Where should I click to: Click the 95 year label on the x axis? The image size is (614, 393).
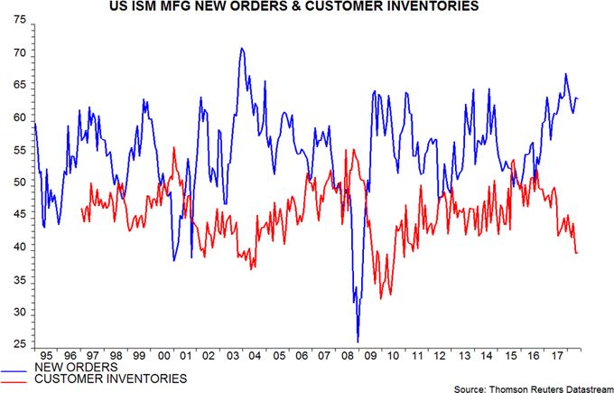tap(46, 356)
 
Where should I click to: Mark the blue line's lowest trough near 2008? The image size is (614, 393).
tap(358, 342)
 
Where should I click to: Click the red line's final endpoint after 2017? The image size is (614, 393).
tap(578, 253)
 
